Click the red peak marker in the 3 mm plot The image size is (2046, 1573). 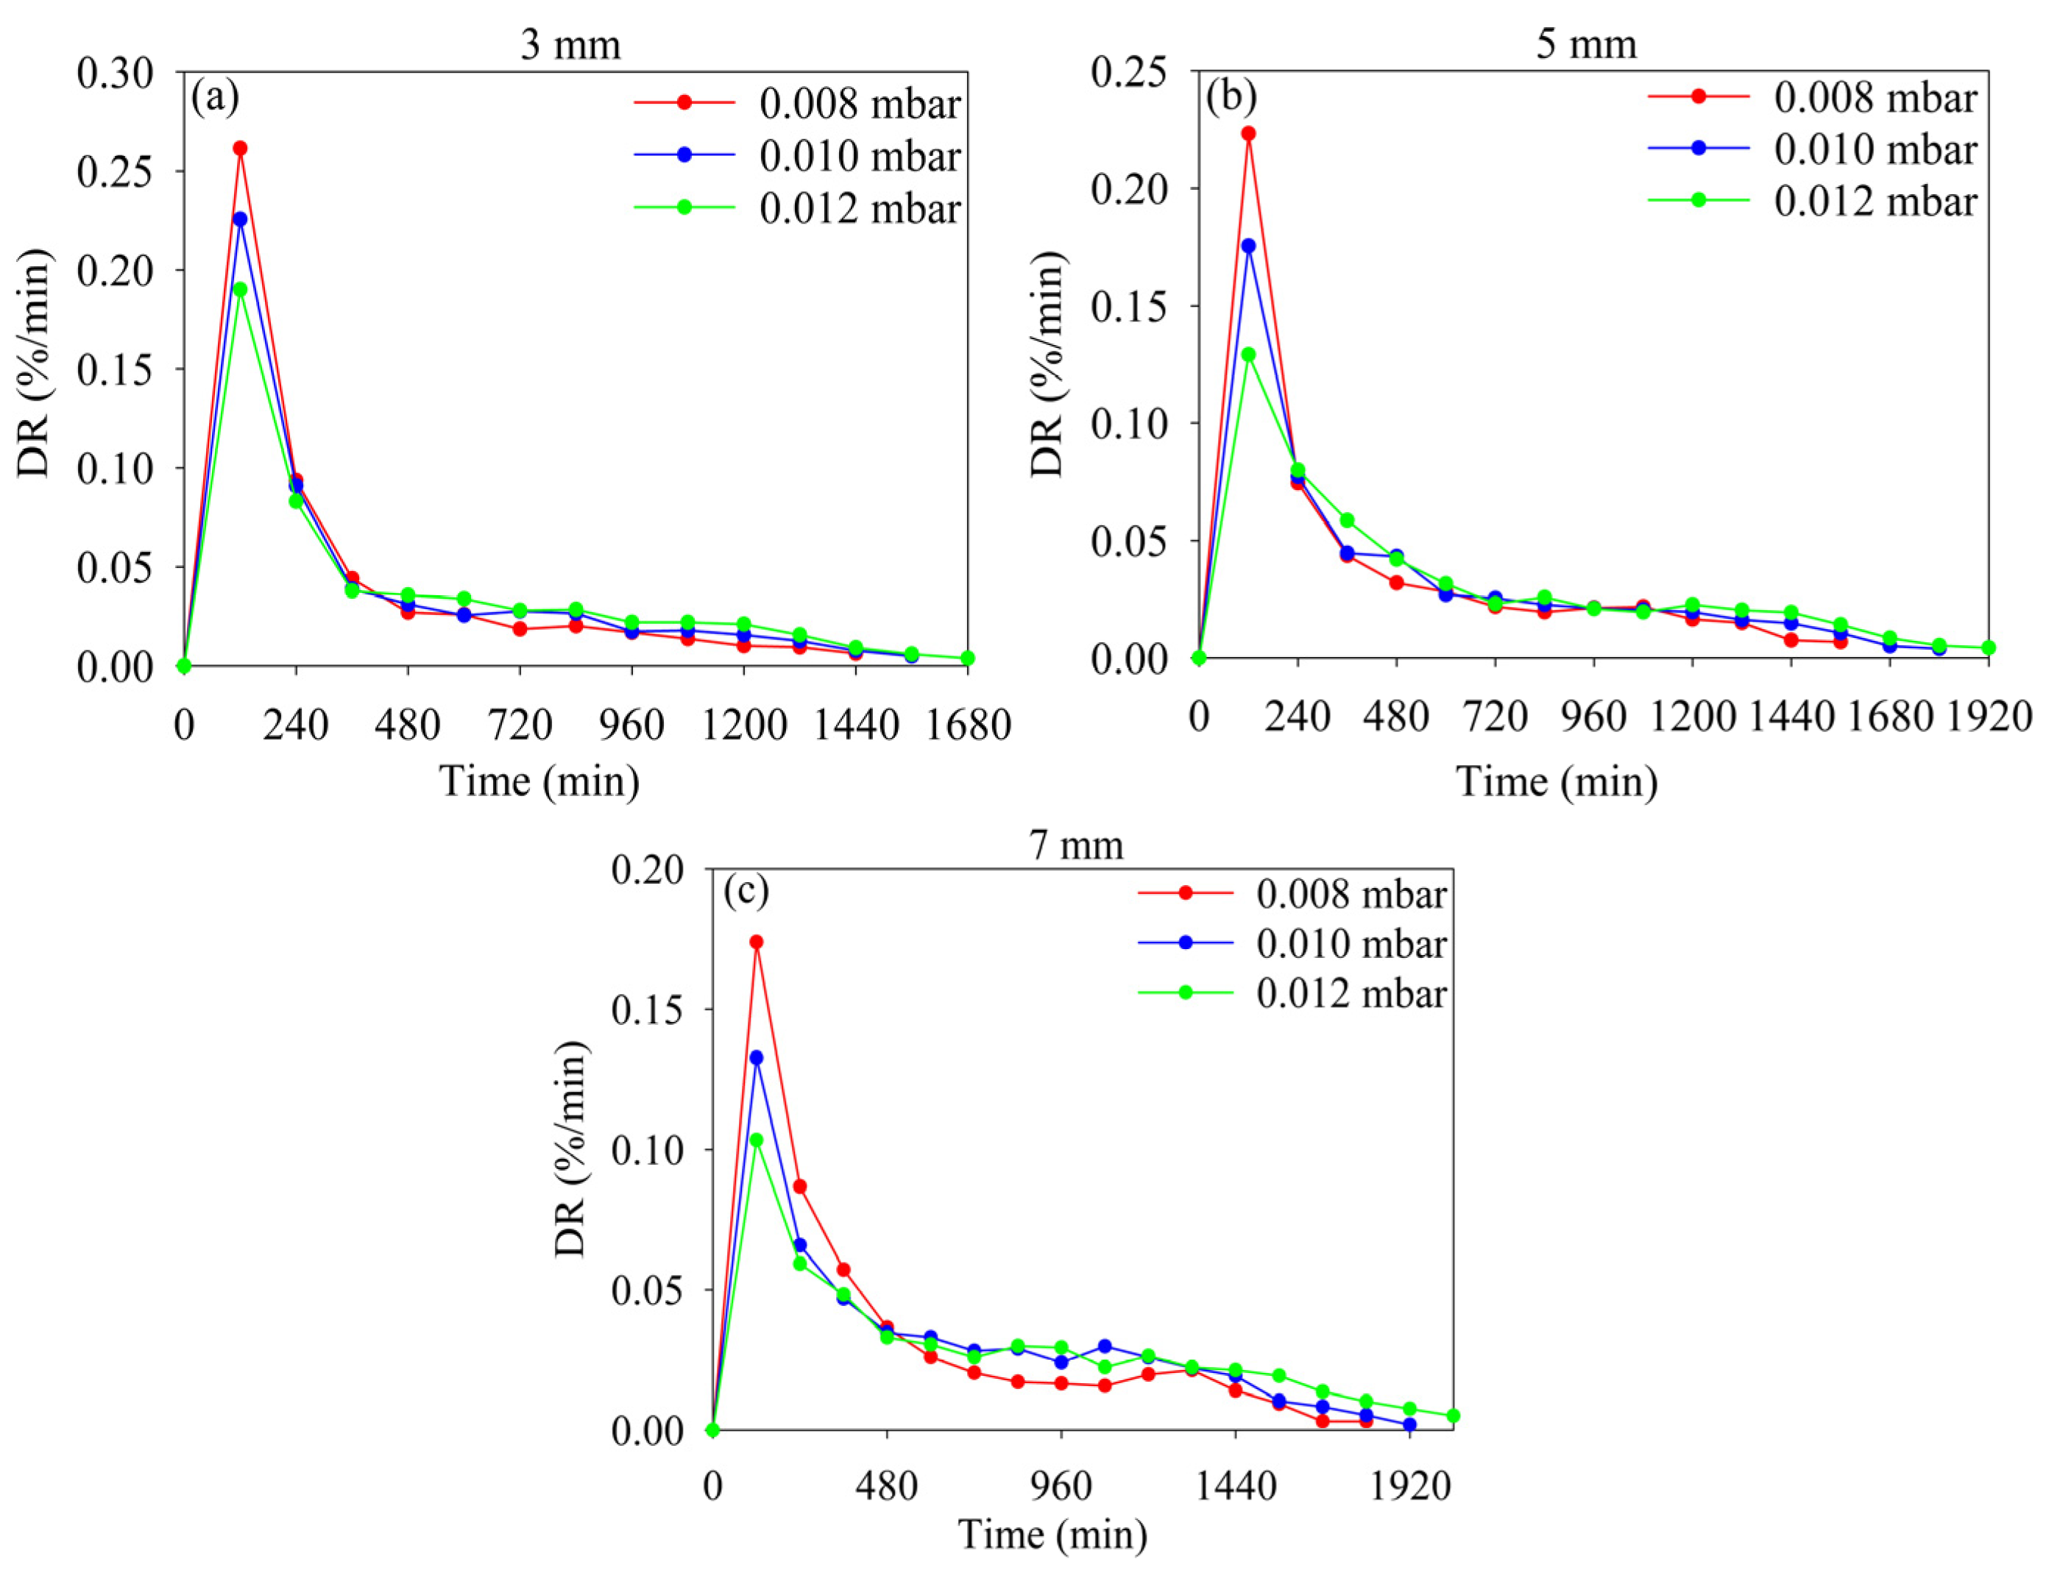(x=240, y=148)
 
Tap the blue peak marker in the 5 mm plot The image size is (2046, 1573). (x=1248, y=246)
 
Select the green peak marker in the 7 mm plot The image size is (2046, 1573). (x=757, y=1140)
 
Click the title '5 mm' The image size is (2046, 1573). (x=1586, y=44)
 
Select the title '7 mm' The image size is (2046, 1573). (x=1076, y=845)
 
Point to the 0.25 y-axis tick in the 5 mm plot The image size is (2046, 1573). (x=1129, y=73)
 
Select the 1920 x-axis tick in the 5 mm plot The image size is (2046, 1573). (x=1988, y=717)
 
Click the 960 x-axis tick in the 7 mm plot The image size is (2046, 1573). (x=1062, y=1488)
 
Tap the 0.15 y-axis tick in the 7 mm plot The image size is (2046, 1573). (x=648, y=1010)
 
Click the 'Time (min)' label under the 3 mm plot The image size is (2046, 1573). (x=539, y=780)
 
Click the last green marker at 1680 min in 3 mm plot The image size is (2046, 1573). (x=967, y=658)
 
